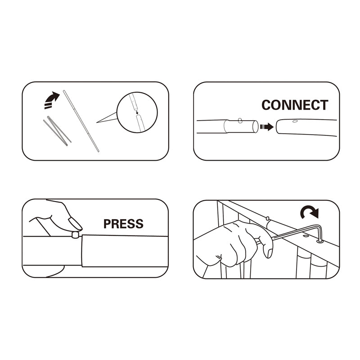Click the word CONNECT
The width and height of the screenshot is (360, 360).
tap(295, 105)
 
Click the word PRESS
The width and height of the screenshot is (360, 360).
tap(123, 224)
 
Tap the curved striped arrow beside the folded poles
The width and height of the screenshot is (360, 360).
tap(52, 100)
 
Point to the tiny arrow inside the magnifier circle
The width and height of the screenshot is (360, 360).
tap(137, 112)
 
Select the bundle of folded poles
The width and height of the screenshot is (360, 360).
tap(57, 131)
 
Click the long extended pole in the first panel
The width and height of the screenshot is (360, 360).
tap(81, 121)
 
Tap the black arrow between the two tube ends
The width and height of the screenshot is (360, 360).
tap(266, 127)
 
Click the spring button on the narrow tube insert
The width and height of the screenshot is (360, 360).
tap(240, 120)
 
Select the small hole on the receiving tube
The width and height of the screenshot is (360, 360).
tap(295, 121)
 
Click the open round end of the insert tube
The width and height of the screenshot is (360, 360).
tap(255, 127)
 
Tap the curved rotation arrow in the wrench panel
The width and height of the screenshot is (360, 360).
tap(310, 212)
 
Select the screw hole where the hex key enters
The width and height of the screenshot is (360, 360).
tap(320, 241)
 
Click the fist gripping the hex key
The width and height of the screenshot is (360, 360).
tap(237, 244)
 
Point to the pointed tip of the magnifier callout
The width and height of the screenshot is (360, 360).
tap(97, 122)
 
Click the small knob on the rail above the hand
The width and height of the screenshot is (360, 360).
tap(267, 218)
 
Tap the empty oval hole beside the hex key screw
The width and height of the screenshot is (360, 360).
tap(306, 236)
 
